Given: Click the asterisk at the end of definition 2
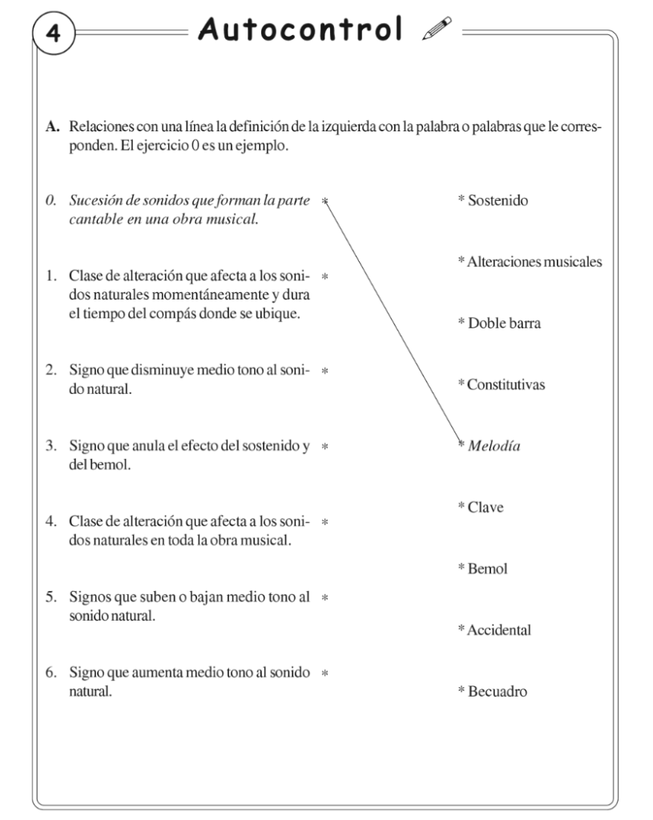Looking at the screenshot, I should [325, 372].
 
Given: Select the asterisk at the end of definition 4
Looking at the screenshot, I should [325, 524].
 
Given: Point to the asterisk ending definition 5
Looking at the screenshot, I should [325, 597].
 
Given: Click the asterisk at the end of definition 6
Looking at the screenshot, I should [325, 673].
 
